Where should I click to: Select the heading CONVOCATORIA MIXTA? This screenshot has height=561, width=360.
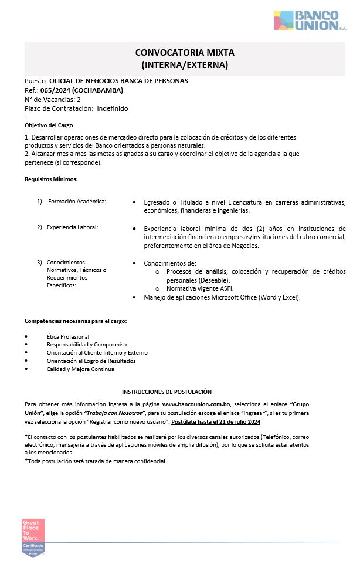coord(184,53)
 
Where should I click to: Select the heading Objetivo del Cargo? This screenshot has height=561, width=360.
coord(49,125)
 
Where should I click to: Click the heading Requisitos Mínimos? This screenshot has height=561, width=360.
coord(51,179)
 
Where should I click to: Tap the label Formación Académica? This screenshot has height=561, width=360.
coord(77,202)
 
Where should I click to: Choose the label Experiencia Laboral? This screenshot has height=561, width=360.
coord(72,227)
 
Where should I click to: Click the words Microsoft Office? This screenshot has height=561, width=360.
coord(235,297)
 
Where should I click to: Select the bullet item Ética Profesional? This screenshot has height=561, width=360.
coord(68,336)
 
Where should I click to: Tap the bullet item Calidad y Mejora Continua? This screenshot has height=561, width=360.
coord(80,369)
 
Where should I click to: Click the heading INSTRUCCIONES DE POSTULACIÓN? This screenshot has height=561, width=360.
coord(167,392)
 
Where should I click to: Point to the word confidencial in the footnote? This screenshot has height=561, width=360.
coord(148,461)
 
